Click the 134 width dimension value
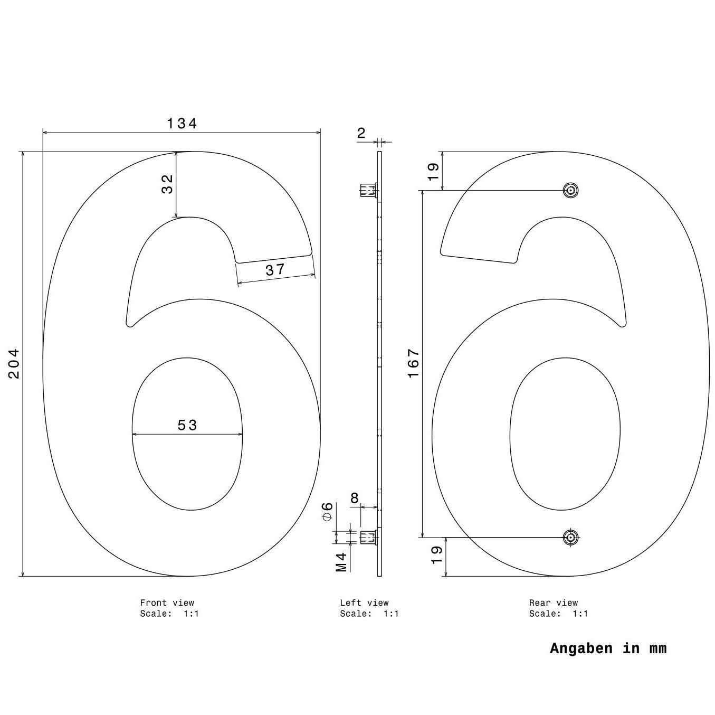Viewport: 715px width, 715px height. click(182, 124)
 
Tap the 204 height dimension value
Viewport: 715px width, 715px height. click(14, 363)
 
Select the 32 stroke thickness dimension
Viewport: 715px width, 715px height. click(167, 184)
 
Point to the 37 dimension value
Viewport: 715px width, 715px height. click(275, 270)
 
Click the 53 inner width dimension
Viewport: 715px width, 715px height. click(187, 425)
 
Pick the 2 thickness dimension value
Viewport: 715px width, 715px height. click(361, 133)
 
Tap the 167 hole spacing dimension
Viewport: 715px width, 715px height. click(413, 363)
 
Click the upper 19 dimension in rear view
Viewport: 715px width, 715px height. click(433, 172)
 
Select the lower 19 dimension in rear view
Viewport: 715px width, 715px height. click(437, 555)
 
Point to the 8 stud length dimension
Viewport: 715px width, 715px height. click(355, 498)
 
